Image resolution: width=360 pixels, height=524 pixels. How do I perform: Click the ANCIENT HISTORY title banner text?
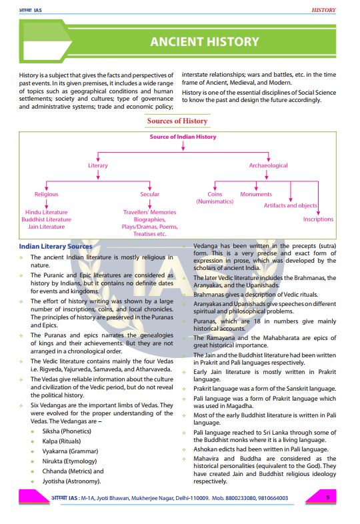pyautogui.click(x=204, y=41)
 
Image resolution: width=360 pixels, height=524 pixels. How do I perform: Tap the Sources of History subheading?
pyautogui.click(x=177, y=121)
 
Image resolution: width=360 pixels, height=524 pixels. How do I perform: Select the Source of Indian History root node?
pyautogui.click(x=183, y=137)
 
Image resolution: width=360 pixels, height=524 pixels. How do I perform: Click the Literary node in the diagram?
pyautogui.click(x=98, y=165)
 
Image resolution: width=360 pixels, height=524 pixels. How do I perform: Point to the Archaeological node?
pyautogui.click(x=269, y=165)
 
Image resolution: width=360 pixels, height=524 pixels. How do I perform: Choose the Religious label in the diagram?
pyautogui.click(x=47, y=194)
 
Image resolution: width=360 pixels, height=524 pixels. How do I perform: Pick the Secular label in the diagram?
pyautogui.click(x=149, y=194)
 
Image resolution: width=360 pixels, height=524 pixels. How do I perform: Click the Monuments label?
pyautogui.click(x=256, y=194)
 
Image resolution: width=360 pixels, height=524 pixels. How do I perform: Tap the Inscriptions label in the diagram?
pyautogui.click(x=318, y=219)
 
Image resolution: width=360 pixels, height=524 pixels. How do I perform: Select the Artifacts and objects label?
pyautogui.click(x=290, y=205)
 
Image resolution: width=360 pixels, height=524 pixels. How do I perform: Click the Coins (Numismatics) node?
pyautogui.click(x=215, y=197)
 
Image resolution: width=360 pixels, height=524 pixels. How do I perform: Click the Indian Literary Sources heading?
pyautogui.click(x=56, y=247)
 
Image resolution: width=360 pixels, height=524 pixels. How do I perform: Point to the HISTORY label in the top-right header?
pyautogui.click(x=323, y=10)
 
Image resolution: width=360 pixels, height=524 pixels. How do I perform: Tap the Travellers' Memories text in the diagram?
pyautogui.click(x=150, y=212)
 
